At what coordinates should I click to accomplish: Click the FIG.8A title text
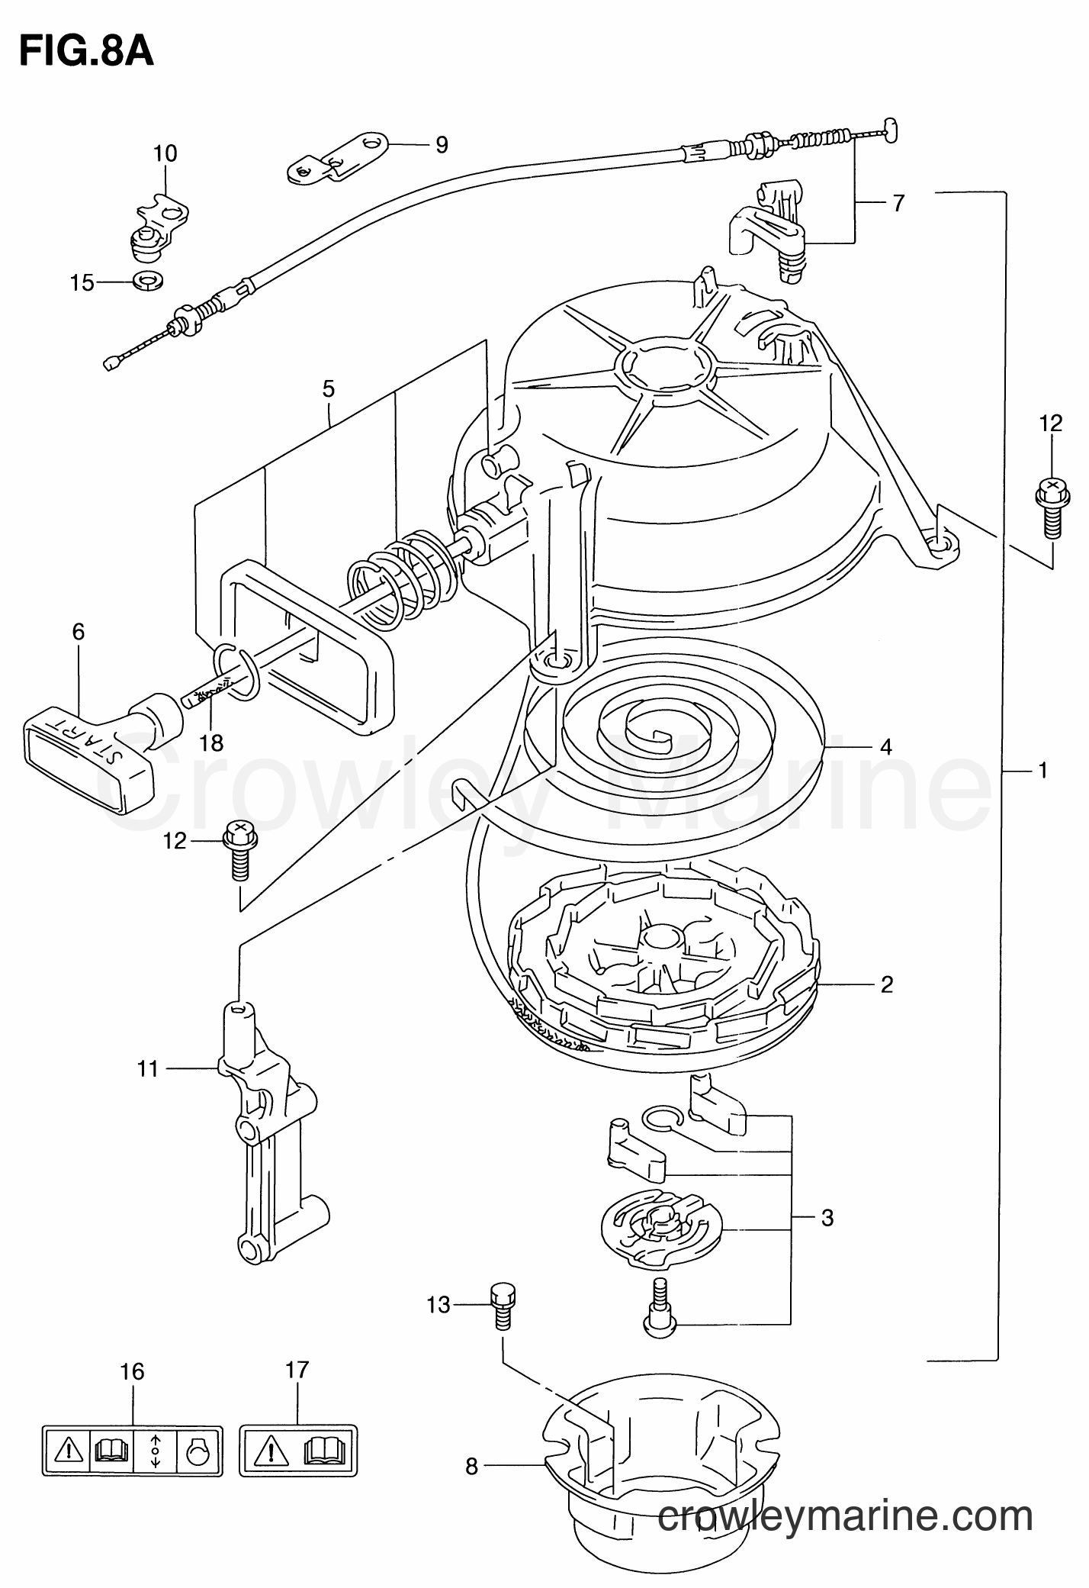[86, 51]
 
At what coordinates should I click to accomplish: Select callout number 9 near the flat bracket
[442, 145]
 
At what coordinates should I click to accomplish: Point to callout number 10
[165, 153]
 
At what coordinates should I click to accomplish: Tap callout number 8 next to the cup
[471, 1467]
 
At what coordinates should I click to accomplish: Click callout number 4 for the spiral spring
[885, 746]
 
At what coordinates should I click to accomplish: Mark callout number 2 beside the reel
[885, 984]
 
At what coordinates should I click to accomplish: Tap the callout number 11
[147, 1069]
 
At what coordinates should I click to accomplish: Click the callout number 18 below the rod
[212, 742]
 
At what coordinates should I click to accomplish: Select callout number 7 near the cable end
[898, 204]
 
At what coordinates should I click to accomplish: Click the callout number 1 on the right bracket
[1042, 770]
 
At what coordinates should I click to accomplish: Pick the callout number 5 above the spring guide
[328, 389]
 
